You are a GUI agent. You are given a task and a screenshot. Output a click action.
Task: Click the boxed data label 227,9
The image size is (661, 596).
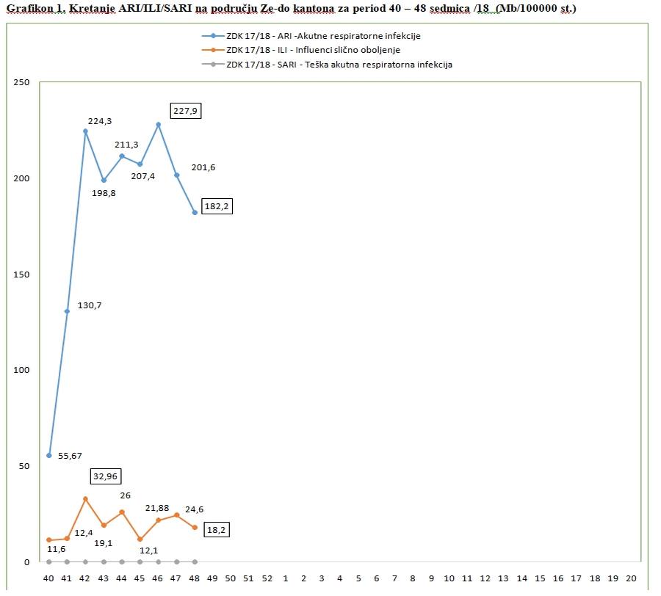(x=185, y=111)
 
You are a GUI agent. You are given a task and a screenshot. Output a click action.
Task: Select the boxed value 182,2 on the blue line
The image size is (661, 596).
(x=217, y=207)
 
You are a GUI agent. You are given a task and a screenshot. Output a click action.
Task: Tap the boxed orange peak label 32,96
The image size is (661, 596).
(x=106, y=476)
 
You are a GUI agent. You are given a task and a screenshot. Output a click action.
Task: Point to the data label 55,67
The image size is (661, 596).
(x=70, y=456)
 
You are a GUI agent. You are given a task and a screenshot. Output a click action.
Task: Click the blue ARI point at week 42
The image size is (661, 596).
(x=85, y=131)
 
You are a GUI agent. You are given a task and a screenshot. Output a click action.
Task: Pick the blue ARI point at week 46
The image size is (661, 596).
(x=158, y=124)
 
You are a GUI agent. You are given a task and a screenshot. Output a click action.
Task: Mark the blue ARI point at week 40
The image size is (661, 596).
(x=49, y=455)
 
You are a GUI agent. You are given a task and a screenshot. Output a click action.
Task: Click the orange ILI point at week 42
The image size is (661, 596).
(x=85, y=498)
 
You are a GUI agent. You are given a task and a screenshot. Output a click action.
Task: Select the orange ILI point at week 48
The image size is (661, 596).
(x=195, y=527)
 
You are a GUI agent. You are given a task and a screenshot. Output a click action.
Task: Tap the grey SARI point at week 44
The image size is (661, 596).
(x=122, y=562)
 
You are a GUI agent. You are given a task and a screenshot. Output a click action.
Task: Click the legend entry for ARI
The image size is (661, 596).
(x=323, y=35)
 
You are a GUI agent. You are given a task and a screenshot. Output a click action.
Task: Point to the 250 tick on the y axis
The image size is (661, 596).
(x=23, y=82)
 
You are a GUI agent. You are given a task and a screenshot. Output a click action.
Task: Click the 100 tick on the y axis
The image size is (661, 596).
(x=23, y=370)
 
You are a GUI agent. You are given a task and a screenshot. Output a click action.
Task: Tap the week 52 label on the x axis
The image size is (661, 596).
(x=267, y=578)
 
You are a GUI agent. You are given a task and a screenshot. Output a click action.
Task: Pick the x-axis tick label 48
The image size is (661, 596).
(x=195, y=578)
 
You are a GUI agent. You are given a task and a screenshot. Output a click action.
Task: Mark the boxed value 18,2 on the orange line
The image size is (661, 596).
(x=214, y=528)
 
